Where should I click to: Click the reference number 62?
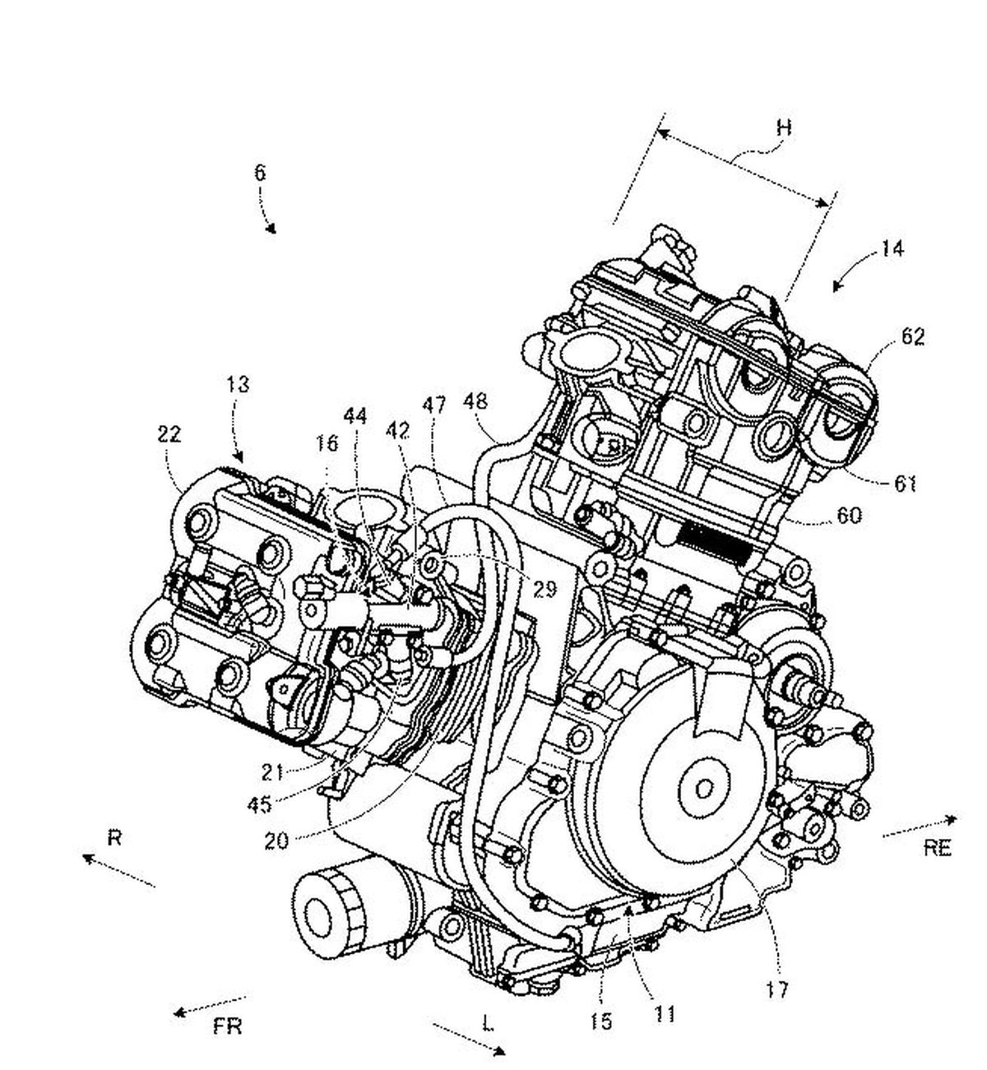click(913, 337)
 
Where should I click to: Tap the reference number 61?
click(906, 484)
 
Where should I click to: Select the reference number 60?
click(850, 516)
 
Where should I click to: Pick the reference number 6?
click(260, 173)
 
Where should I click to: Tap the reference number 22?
click(169, 433)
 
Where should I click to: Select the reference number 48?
click(475, 401)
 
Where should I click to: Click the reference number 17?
click(776, 989)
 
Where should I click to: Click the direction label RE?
click(937, 848)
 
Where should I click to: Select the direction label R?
click(114, 838)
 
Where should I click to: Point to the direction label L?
click(488, 1023)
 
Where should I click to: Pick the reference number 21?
click(272, 772)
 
